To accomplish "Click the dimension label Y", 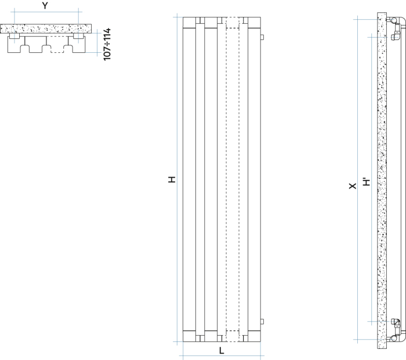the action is (x=45, y=6).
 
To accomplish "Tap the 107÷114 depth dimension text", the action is (x=107, y=44).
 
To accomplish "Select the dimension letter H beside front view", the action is (x=172, y=179).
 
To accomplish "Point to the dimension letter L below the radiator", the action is (x=222, y=351).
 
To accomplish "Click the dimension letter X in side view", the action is (x=353, y=186).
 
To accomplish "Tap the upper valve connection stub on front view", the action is (x=262, y=37).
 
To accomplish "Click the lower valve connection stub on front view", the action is (x=262, y=322).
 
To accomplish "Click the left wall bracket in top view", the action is (x=14, y=36).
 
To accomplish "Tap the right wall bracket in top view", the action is (x=78, y=36).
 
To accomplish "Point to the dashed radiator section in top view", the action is (x=57, y=45).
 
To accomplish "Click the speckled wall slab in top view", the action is (x=46, y=28).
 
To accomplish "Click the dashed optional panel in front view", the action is (x=233, y=179).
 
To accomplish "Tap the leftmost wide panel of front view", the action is (x=189, y=179).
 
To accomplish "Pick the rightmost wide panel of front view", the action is (x=254, y=179).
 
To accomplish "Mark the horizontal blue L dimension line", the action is (x=222, y=356).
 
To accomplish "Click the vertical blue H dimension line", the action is (x=177, y=179).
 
